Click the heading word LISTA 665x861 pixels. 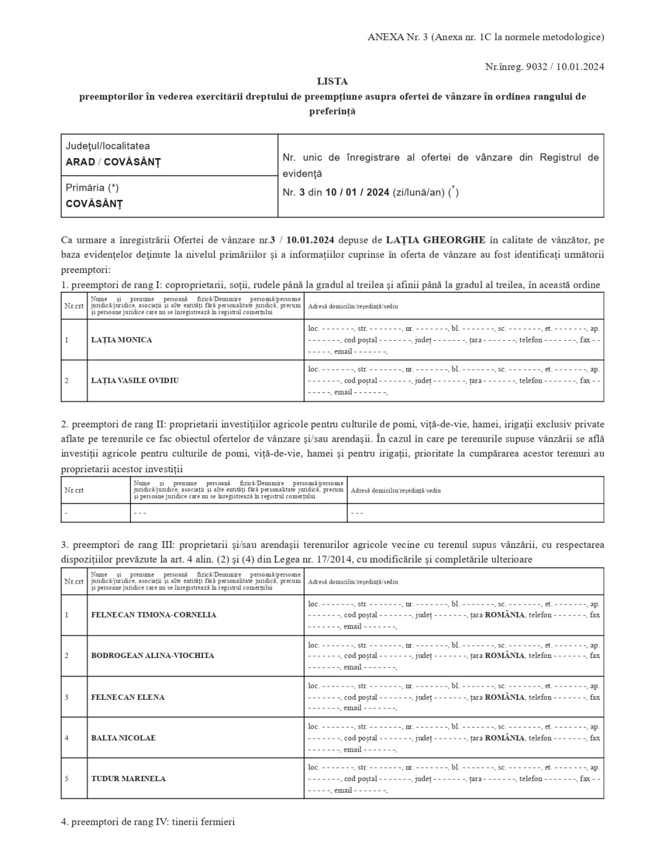[332, 81]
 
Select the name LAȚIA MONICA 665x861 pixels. [121, 339]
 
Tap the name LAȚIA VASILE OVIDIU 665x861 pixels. [135, 380]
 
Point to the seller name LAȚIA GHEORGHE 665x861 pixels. [435, 239]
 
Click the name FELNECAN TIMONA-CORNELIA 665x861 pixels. [154, 614]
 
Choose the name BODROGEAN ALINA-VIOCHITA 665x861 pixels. [152, 655]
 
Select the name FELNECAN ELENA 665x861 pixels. [128, 697]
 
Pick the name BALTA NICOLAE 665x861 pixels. [123, 737]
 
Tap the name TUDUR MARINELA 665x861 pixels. [128, 778]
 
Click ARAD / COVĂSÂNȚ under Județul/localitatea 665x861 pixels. [113, 162]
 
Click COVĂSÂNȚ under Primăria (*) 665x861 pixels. [94, 204]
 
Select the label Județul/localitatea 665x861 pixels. [108, 146]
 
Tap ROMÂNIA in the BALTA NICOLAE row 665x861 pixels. [505, 737]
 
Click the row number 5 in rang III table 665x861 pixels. [66, 778]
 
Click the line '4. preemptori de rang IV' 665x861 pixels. [148, 821]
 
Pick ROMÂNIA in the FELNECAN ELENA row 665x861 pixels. [505, 697]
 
